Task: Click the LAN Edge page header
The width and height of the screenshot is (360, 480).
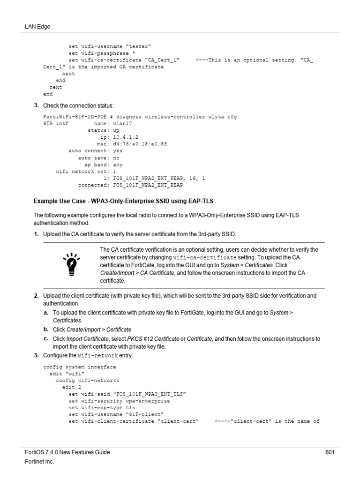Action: (37, 27)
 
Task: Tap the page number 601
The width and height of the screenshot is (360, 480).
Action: (330, 452)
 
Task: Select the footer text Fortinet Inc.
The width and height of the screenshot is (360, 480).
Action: (39, 462)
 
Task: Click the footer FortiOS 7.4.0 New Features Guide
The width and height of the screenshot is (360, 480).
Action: (67, 452)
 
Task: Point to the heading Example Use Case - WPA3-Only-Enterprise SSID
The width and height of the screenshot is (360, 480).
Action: (123, 201)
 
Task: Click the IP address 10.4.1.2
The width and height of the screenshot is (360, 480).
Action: (126, 137)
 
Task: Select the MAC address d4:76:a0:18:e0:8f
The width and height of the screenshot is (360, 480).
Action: (140, 144)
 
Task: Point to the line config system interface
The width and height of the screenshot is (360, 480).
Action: (79, 367)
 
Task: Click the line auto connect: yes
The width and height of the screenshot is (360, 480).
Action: (96, 151)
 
